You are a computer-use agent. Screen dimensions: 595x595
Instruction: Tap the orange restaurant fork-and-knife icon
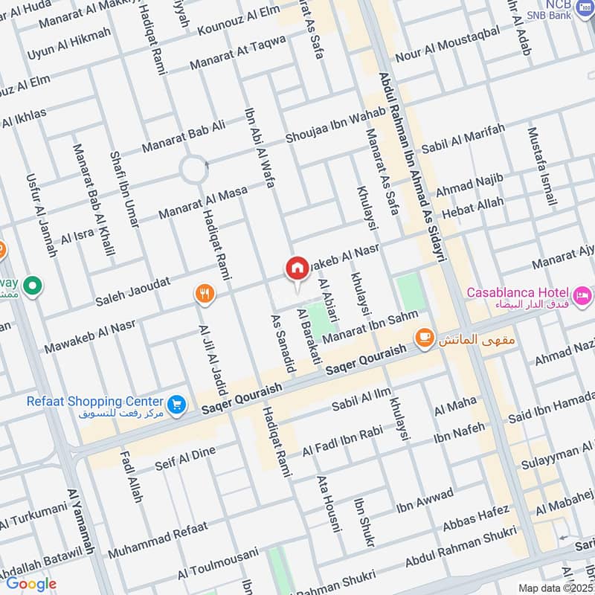[x=204, y=294]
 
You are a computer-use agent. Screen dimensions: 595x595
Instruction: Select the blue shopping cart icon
[x=177, y=404]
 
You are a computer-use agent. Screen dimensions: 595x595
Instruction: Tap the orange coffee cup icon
[x=424, y=339]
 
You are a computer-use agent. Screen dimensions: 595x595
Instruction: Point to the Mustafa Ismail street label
[x=541, y=167]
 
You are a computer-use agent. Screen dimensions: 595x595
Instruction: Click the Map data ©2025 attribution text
[x=553, y=588]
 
